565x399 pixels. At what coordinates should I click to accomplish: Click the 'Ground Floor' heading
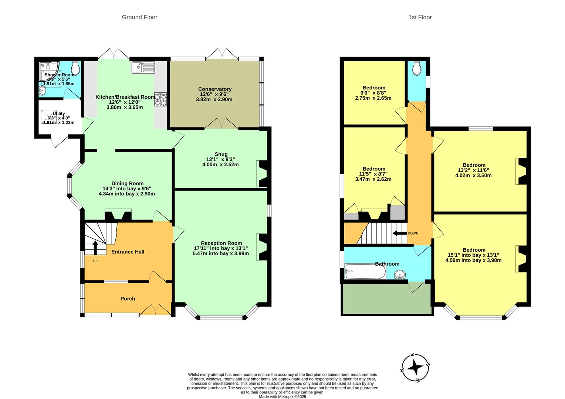[139, 17]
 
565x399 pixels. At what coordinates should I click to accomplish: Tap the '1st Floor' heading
[420, 17]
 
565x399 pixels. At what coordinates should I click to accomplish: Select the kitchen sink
[143, 68]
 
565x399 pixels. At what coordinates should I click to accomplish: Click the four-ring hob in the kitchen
[160, 99]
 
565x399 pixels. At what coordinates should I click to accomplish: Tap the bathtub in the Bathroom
[365, 272]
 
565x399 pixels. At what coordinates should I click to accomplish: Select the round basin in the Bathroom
[399, 274]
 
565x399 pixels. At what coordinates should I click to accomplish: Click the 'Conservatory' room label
[215, 89]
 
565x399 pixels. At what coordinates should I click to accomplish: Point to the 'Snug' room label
[221, 154]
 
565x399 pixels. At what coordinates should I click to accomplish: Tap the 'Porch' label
[128, 299]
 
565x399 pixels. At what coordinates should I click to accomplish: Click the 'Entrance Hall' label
[128, 252]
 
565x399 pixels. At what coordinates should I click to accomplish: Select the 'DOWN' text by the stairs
[413, 233]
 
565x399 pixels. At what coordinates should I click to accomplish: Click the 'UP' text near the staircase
[95, 261]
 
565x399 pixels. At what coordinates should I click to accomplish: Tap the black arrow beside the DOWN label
[400, 233]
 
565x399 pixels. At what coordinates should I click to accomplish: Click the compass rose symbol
[415, 368]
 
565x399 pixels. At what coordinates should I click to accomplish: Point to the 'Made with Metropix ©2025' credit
[282, 396]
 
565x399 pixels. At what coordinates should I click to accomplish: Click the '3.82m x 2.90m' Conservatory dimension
[214, 99]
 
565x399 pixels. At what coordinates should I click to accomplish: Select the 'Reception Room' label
[221, 243]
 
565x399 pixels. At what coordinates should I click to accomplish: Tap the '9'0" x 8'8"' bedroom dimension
[373, 93]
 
